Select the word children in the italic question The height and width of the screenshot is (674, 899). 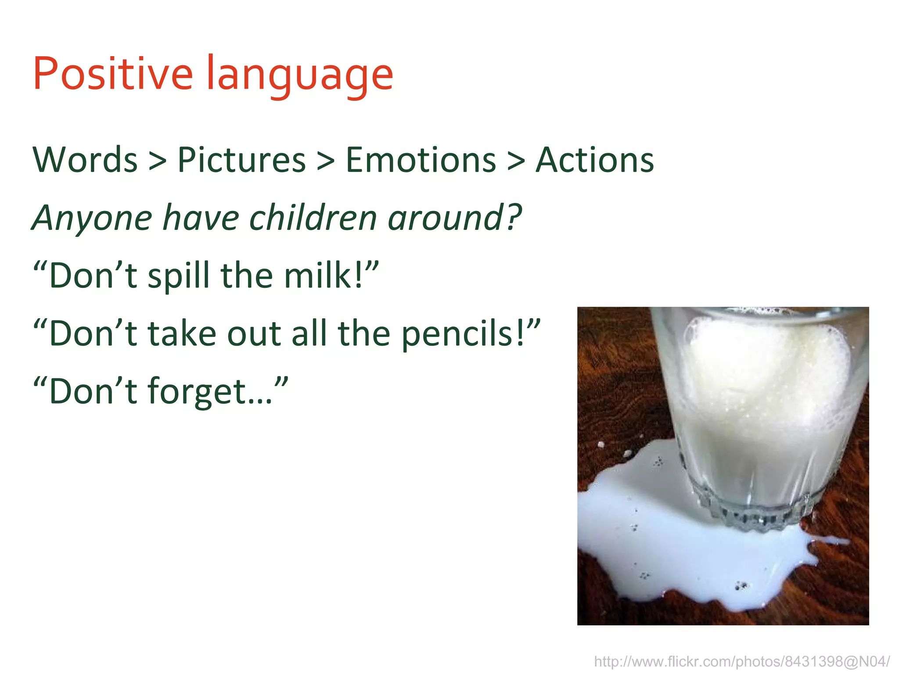pos(313,218)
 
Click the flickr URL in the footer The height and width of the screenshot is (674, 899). pos(741,661)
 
